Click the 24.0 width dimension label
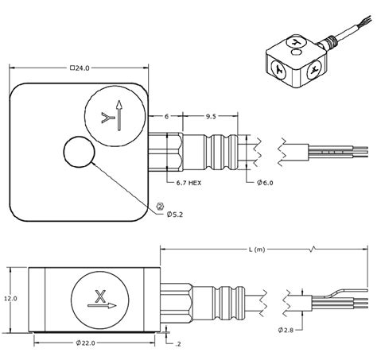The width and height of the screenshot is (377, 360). click(x=80, y=69)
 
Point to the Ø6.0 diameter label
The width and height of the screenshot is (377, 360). click(x=268, y=184)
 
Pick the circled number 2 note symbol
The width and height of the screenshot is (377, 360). click(x=160, y=204)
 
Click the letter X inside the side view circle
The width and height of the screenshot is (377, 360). click(x=99, y=296)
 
